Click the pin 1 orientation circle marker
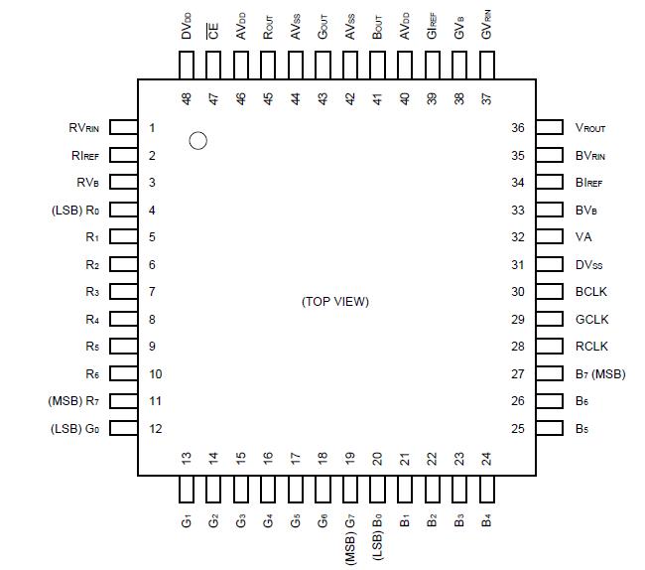(197, 141)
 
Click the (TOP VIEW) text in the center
(334, 301)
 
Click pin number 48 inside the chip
(187, 99)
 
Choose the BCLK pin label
(592, 292)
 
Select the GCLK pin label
(592, 319)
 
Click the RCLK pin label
(592, 347)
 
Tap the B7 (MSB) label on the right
(600, 373)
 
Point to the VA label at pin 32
(583, 237)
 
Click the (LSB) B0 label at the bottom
(377, 533)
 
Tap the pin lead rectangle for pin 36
(549, 128)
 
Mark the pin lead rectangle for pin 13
(187, 490)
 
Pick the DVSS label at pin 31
(589, 265)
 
